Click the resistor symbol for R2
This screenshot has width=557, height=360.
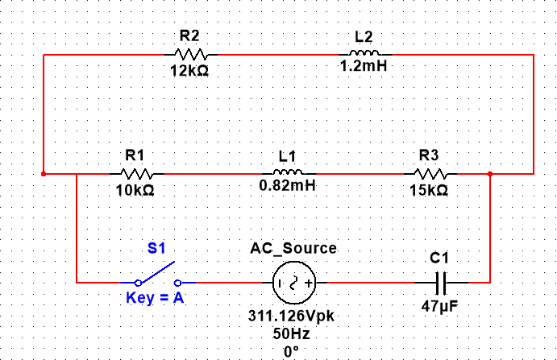click(x=190, y=55)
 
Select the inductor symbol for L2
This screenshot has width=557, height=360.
click(x=364, y=55)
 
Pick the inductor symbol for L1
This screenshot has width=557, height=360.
click(x=287, y=173)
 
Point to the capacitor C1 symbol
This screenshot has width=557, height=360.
click(x=439, y=283)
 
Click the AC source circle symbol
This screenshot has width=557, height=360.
click(x=292, y=283)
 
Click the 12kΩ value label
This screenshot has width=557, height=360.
click(x=190, y=71)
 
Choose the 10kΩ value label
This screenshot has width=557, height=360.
click(x=135, y=190)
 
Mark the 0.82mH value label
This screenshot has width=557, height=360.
click(x=287, y=185)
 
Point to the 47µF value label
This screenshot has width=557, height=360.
click(x=439, y=306)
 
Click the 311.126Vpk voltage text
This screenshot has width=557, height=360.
click(x=291, y=316)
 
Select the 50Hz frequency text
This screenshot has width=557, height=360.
click(x=291, y=333)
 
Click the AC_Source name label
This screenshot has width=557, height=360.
click(x=294, y=248)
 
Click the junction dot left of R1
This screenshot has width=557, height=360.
click(x=44, y=173)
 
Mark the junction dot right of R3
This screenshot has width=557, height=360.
click(x=490, y=173)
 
